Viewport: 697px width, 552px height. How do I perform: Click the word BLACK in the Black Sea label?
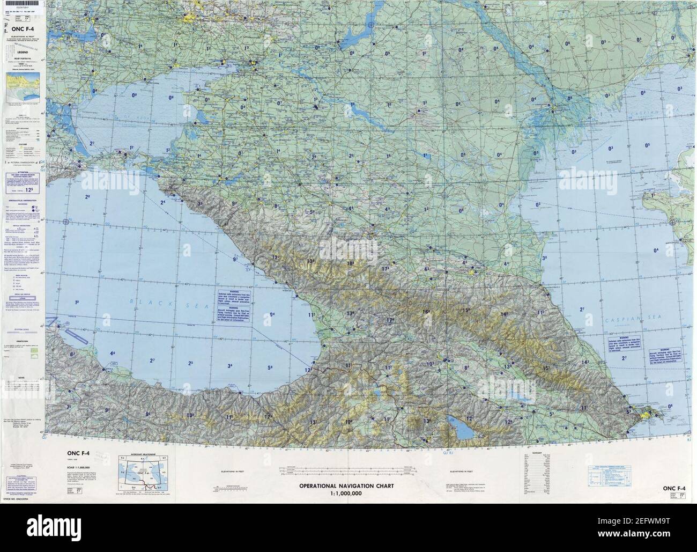click(x=140, y=302)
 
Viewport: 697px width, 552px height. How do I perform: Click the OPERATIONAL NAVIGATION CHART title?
click(x=346, y=487)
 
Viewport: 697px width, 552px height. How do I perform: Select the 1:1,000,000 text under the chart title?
click(x=346, y=493)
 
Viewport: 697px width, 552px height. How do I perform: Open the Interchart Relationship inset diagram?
click(x=141, y=472)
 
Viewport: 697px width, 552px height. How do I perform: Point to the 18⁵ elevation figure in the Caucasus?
click(x=351, y=263)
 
